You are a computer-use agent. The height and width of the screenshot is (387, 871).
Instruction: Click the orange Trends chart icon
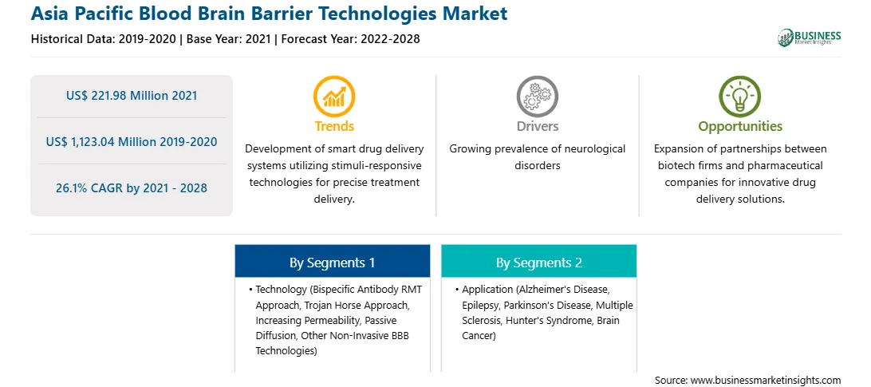pyautogui.click(x=334, y=97)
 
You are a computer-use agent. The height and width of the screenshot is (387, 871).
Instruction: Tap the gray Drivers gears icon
pyautogui.click(x=537, y=97)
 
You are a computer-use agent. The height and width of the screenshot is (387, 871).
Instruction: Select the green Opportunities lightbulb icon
pyautogui.click(x=740, y=97)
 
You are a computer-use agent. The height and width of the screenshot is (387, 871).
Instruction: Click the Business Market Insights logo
pyautogui.click(x=810, y=38)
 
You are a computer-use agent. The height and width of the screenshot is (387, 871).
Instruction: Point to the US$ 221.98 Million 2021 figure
pyautogui.click(x=132, y=96)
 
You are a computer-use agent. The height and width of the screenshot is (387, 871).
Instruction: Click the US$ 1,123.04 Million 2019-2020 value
pyautogui.click(x=132, y=142)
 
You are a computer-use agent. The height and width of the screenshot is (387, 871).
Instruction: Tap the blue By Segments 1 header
pyautogui.click(x=332, y=262)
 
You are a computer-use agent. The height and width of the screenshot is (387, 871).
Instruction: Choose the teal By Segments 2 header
pyautogui.click(x=539, y=262)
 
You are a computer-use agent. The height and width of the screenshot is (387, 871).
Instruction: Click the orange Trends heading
pyautogui.click(x=334, y=126)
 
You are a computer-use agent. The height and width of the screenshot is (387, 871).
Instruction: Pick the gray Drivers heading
pyautogui.click(x=537, y=126)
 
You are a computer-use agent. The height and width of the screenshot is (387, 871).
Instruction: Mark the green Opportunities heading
pyautogui.click(x=740, y=126)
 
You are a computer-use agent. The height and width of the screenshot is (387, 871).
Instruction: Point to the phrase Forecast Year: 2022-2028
pyautogui.click(x=349, y=39)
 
